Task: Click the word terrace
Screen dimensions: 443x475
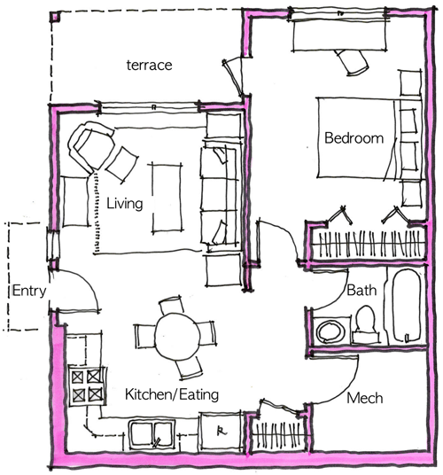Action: click(149, 65)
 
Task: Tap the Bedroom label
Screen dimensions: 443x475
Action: click(354, 138)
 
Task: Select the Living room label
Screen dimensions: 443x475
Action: click(124, 204)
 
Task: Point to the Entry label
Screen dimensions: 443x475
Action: click(29, 292)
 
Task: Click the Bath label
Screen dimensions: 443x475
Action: click(361, 290)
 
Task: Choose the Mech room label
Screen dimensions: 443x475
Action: click(364, 398)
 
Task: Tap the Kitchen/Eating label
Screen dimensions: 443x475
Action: click(172, 394)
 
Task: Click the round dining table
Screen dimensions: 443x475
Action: click(177, 336)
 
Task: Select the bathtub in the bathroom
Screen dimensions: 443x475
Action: click(407, 306)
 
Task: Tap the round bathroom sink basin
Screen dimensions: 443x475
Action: click(330, 331)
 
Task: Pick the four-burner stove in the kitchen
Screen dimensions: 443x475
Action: click(87, 385)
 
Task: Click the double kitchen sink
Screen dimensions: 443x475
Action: click(152, 434)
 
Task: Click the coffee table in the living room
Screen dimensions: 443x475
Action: click(167, 199)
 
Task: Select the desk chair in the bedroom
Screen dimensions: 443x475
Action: click(352, 61)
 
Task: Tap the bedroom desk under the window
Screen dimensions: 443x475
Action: click(339, 35)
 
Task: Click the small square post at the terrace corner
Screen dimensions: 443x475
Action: click(55, 17)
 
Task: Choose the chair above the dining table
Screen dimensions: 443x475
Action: click(171, 306)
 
